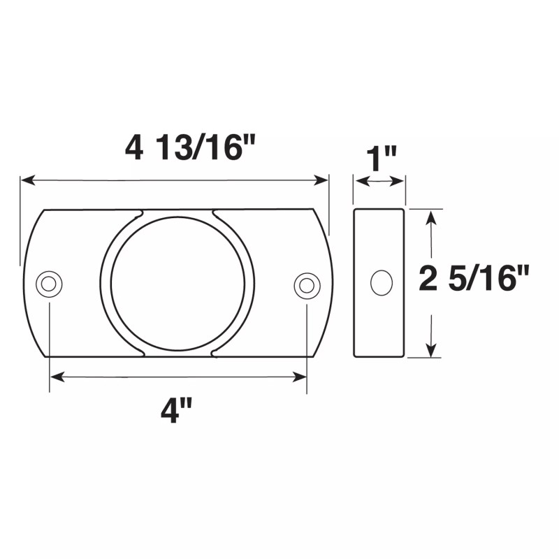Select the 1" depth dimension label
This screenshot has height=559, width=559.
(x=381, y=159)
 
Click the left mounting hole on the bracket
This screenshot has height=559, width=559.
(x=48, y=284)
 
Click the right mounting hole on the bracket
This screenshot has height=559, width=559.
(x=306, y=284)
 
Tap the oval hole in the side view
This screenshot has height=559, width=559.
(x=381, y=282)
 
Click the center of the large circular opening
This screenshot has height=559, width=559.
(x=177, y=283)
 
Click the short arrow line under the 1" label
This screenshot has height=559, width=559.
(x=380, y=182)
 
